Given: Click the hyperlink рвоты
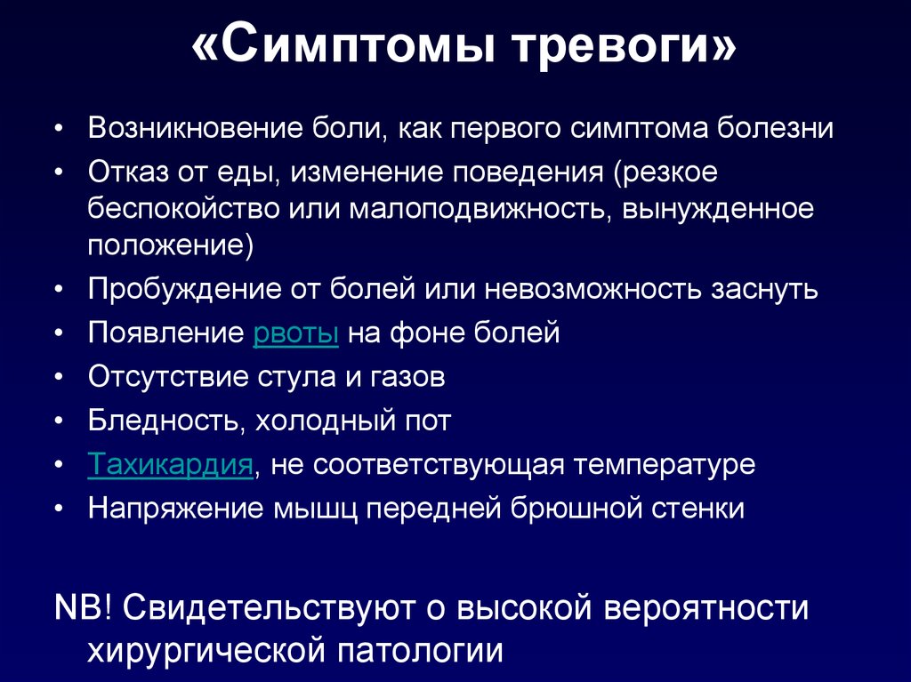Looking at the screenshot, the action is coord(295,333).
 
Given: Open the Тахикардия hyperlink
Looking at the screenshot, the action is coord(170,464).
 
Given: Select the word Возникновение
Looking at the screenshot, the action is coord(195,128).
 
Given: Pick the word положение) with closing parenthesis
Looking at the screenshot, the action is coord(171,245).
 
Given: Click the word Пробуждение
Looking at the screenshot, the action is coord(184,289).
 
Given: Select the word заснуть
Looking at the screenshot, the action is coord(764,289).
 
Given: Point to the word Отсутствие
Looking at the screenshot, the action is coord(168,377).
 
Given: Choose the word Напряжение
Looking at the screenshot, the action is coord(175,509).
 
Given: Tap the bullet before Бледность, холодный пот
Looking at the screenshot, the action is coord(58,421).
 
